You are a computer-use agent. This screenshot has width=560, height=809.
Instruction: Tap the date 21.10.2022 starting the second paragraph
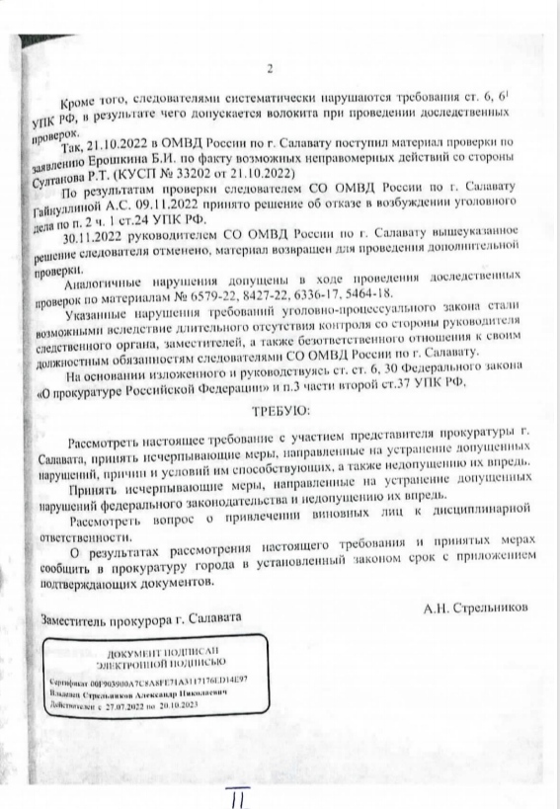(x=118, y=144)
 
